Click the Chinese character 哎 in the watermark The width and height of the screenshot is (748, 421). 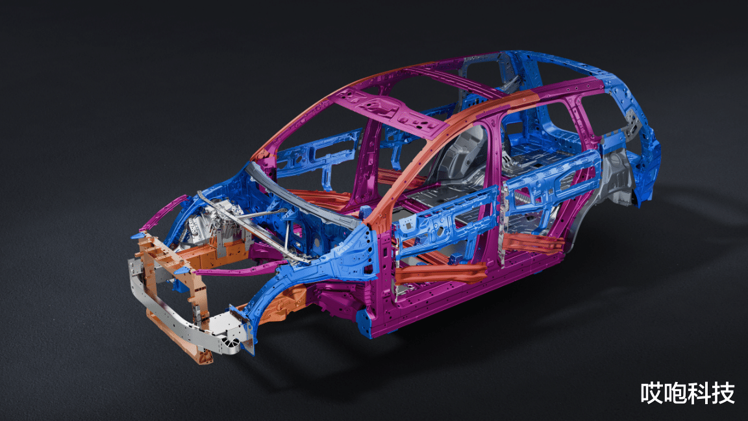tap(652, 393)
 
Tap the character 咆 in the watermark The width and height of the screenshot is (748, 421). tap(675, 393)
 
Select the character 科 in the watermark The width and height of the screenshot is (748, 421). tap(699, 393)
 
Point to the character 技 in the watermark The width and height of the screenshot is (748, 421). tap(723, 393)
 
